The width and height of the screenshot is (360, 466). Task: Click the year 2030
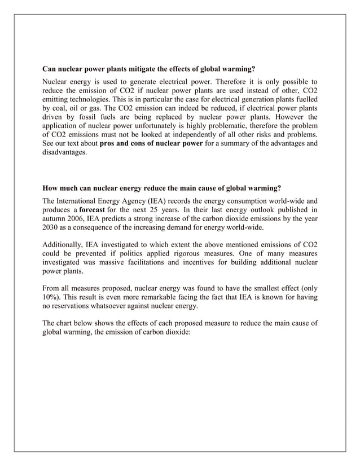pyautogui.click(x=52, y=230)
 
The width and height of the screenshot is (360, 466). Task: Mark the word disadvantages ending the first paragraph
pyautogui.click(x=65, y=153)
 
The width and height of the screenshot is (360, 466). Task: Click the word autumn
pyautogui.click(x=56, y=219)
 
